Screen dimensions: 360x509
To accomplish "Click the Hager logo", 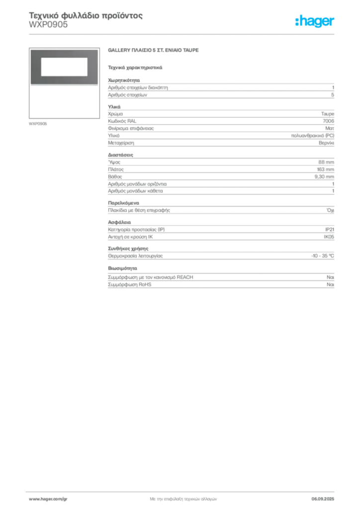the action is pos(315,21).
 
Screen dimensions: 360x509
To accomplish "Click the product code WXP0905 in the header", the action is pos(48,25).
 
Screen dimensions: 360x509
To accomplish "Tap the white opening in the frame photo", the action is pos(64,67).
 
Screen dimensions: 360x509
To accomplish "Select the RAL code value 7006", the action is pos(328,121).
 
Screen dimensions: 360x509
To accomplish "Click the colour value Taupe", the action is pos(328,114).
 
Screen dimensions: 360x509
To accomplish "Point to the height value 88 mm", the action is pos(326,162).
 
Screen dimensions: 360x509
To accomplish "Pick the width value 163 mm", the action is pos(325,170).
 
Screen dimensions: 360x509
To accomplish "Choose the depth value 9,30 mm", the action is pos(324,176).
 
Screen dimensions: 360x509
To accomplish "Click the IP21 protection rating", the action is pos(330,230).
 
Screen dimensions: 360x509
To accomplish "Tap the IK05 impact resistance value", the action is pos(329,237).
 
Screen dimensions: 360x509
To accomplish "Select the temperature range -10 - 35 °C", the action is pos(322,256).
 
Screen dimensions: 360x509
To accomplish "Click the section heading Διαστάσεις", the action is pos(120,155).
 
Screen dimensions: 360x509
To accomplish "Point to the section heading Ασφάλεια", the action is pos(119,222).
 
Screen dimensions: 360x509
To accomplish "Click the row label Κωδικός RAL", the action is pos(122,121).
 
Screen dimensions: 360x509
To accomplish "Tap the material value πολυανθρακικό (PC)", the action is pos(312,136).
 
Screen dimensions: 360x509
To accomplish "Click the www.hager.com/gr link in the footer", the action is pos(48,499).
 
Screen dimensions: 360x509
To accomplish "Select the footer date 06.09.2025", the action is pos(323,499).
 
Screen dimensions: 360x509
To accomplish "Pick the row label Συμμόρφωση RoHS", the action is pos(129,285).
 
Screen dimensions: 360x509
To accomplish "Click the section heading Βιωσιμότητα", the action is pos(122,268).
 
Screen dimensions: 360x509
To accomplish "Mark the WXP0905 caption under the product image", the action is pos(38,124).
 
